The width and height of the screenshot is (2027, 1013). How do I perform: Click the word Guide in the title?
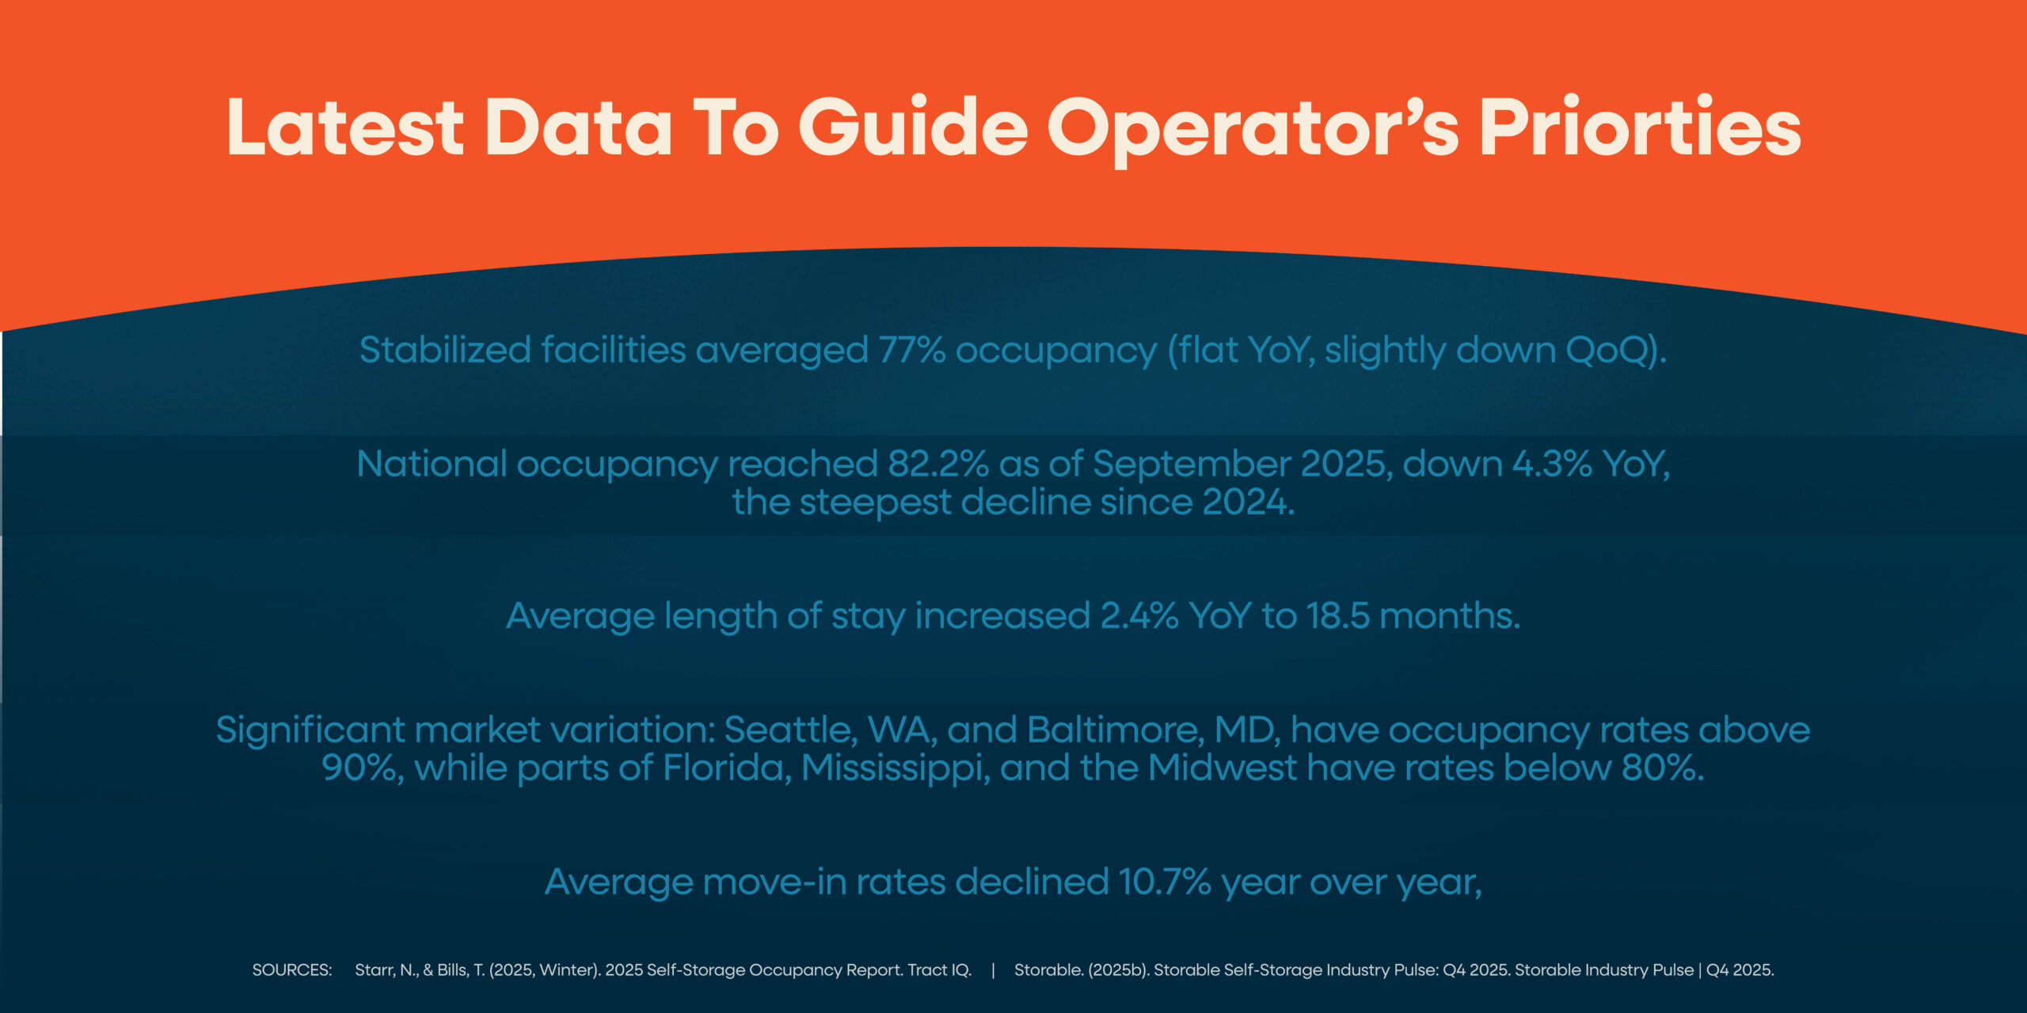913,128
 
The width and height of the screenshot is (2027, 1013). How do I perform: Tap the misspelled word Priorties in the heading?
1639,128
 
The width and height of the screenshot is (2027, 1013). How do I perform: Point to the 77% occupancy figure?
912,350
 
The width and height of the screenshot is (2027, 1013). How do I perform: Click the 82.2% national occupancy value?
937,464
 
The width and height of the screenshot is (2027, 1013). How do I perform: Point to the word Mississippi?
896,768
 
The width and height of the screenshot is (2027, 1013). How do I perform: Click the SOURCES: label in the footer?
291,970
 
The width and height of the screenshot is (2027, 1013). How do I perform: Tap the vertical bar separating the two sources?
993,970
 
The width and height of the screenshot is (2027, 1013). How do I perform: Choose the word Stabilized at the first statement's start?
444,350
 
